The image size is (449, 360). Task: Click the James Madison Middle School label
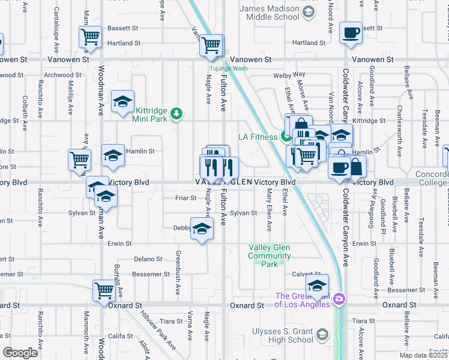[x=269, y=13]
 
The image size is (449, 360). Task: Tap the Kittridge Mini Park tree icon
[x=176, y=113]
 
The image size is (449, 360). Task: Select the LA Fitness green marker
[x=285, y=137]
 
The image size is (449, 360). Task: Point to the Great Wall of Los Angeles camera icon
[x=339, y=298]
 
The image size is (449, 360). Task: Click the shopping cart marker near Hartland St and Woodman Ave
[x=90, y=37]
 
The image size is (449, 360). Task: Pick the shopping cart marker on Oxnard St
[x=104, y=290]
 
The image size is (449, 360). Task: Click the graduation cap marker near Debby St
[x=202, y=229]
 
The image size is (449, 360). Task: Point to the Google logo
[x=19, y=353]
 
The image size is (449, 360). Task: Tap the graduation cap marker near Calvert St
[x=317, y=285]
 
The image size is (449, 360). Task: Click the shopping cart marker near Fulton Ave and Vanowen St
[x=211, y=45]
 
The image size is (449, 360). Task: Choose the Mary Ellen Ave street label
[x=269, y=210]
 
